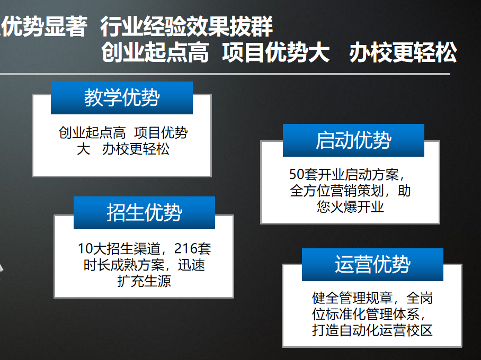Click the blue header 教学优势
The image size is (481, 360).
point(122,98)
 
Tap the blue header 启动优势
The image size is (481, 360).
point(353,140)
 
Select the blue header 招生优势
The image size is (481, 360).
point(144,212)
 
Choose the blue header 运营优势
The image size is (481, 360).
point(372,264)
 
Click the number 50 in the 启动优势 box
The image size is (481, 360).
point(297,174)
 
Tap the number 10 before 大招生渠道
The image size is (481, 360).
point(85,248)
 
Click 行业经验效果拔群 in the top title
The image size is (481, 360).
point(186,26)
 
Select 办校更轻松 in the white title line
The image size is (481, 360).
point(403,52)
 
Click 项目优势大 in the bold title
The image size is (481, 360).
point(276,52)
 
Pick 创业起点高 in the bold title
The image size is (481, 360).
point(155,52)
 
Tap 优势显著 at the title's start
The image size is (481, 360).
point(44,26)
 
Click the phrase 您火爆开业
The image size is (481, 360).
point(350,206)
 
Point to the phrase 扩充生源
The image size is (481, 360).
point(144,281)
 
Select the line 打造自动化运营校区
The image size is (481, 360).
point(372,330)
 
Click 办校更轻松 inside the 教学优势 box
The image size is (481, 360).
point(136,149)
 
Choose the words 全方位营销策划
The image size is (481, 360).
point(337,191)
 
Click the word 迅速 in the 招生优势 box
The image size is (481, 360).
point(191,265)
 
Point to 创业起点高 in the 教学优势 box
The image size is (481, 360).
point(92,133)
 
